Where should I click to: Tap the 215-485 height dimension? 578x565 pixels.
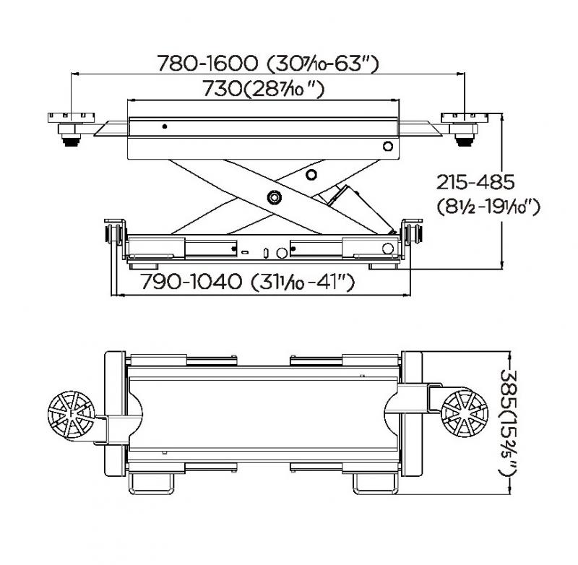coord(475,182)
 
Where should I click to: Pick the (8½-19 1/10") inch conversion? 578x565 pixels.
coord(488,207)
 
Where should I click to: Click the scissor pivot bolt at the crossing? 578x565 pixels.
coord(275,197)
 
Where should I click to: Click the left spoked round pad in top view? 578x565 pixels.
coord(71,415)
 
